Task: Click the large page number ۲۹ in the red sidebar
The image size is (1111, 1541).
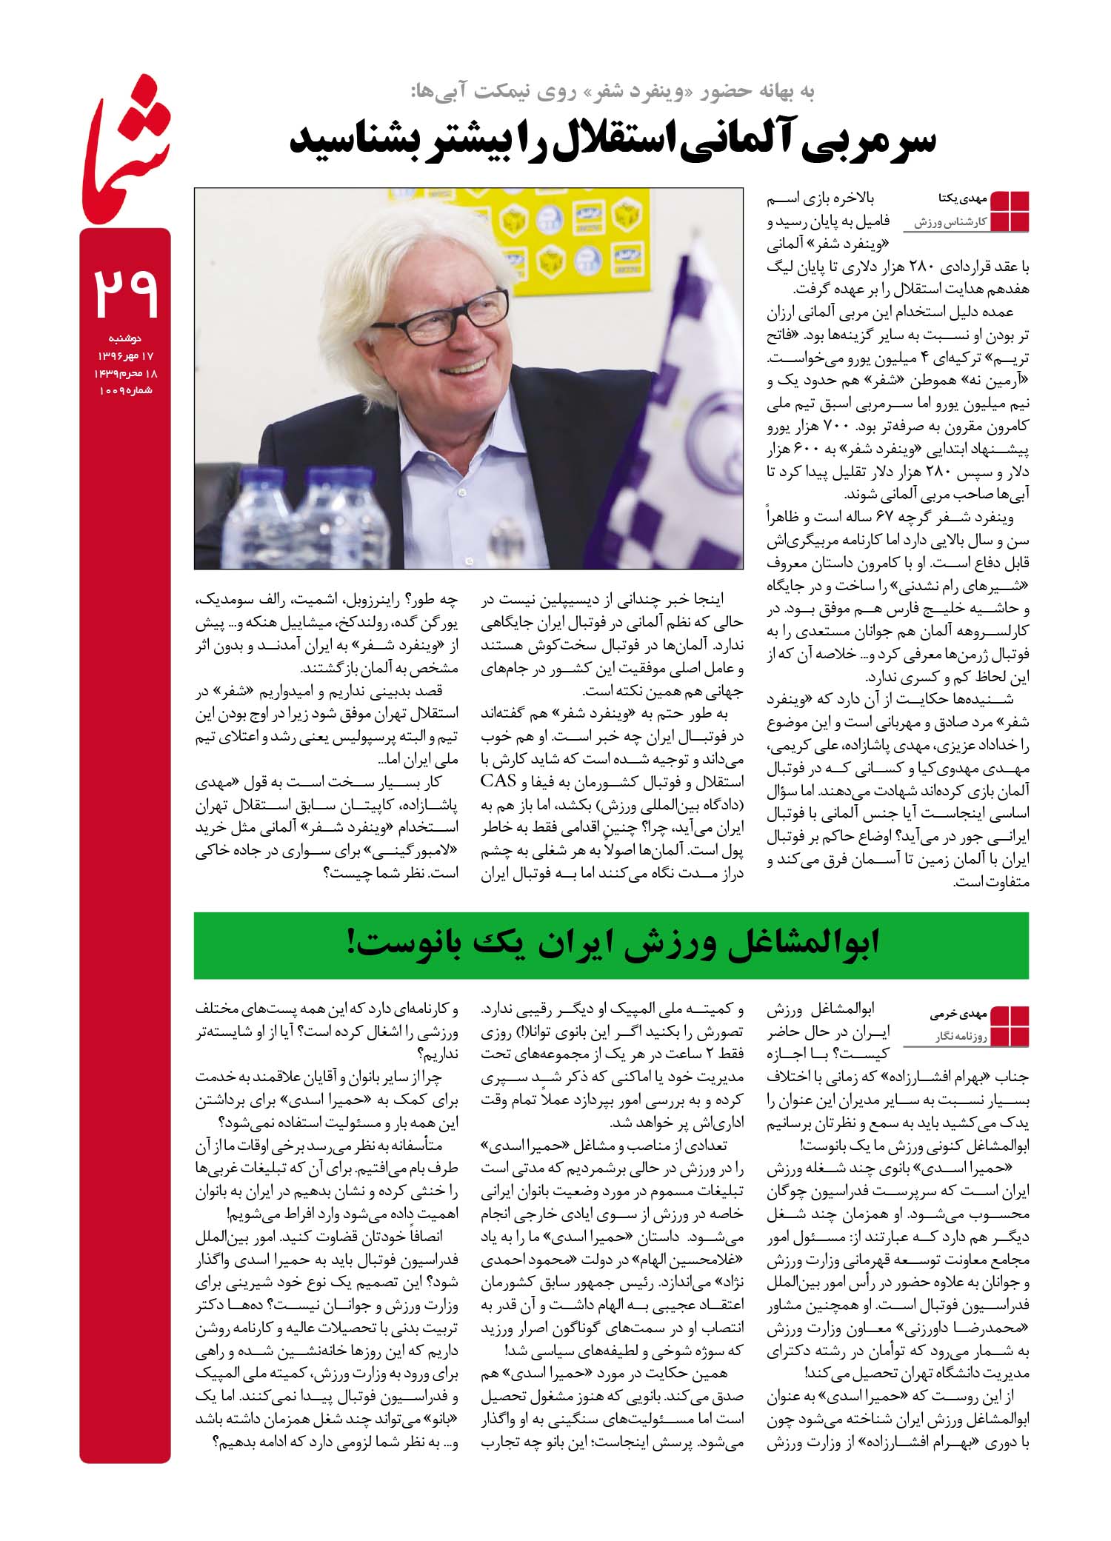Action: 126,293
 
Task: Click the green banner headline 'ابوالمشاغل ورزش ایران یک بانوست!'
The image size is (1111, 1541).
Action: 611,945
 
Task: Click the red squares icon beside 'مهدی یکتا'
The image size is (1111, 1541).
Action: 1010,211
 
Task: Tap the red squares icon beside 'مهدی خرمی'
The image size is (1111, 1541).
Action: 1010,1026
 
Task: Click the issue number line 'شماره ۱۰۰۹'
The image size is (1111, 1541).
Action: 126,390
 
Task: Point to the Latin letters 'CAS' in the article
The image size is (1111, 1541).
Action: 498,780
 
